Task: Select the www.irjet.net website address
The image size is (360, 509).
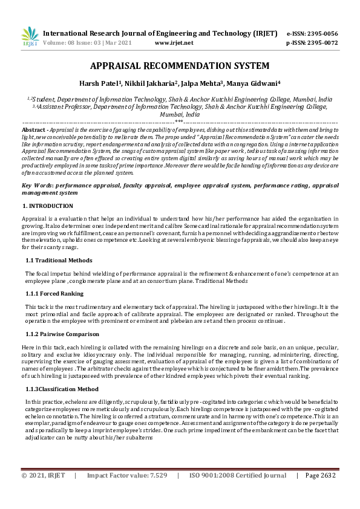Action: click(174, 44)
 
